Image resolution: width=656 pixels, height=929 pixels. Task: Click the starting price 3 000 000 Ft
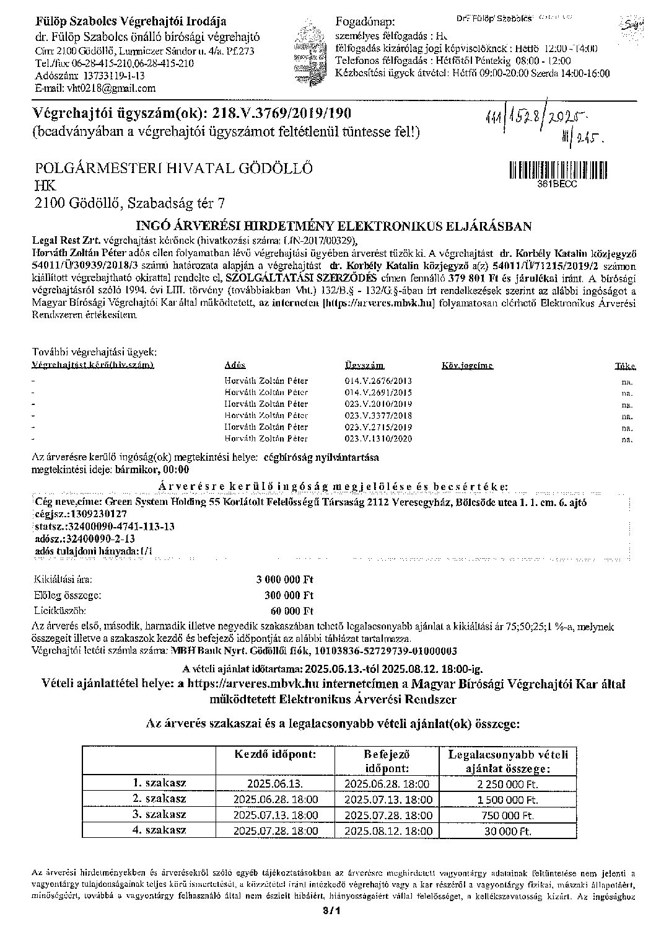coord(286,580)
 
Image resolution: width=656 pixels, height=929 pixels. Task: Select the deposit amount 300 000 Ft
coord(289,595)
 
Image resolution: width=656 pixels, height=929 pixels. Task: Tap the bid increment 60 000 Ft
coord(291,610)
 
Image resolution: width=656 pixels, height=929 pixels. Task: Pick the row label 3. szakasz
coord(160,814)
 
